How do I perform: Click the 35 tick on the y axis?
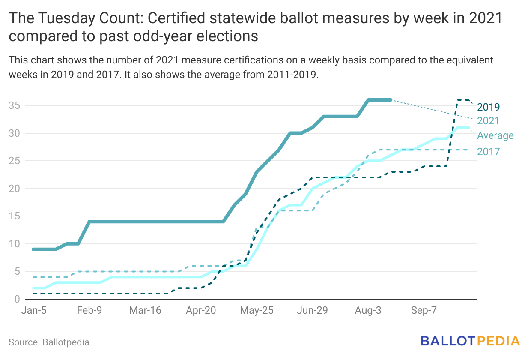coord(14,105)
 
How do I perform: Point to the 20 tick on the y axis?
coord(14,189)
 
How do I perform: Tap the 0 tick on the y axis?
coord(17,299)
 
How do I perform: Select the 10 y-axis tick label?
coord(14,244)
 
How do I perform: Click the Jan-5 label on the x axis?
coord(34,311)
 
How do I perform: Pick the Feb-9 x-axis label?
coord(89,311)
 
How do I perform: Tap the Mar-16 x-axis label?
coord(145,311)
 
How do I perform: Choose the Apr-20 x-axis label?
coord(201,311)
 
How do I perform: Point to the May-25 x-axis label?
coord(257,311)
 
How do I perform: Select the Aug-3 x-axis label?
coord(368,311)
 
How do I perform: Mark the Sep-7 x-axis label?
coord(424,311)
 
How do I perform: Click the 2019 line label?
coord(489,107)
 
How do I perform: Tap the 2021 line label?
coord(489,121)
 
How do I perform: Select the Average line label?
coord(495,136)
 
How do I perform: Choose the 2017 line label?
coord(489,151)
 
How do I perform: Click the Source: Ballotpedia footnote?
coord(49,342)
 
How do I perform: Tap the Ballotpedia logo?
coord(470,341)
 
